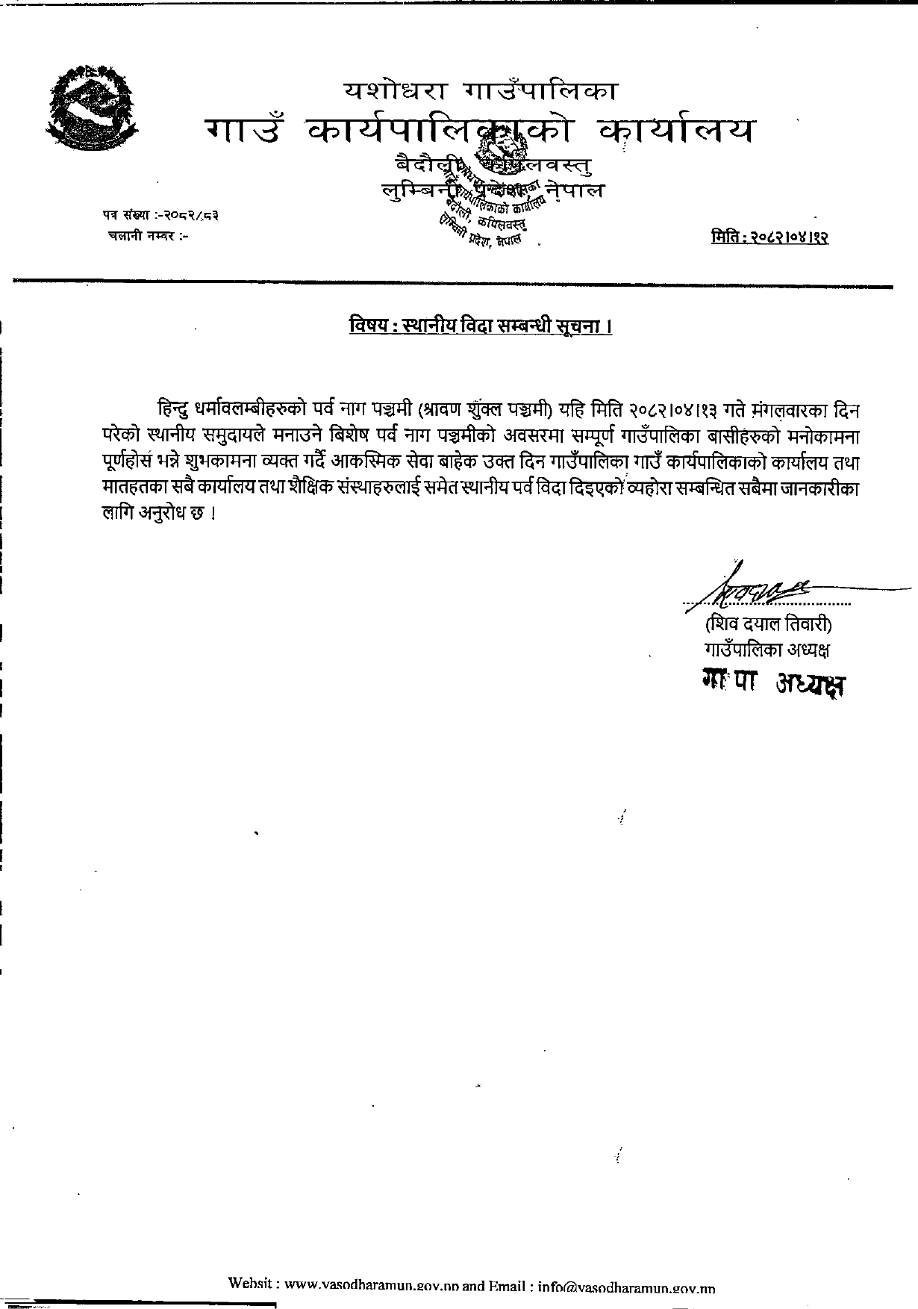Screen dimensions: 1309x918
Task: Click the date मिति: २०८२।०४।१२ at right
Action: pos(770,237)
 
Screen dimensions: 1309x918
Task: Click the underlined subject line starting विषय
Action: pos(480,326)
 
